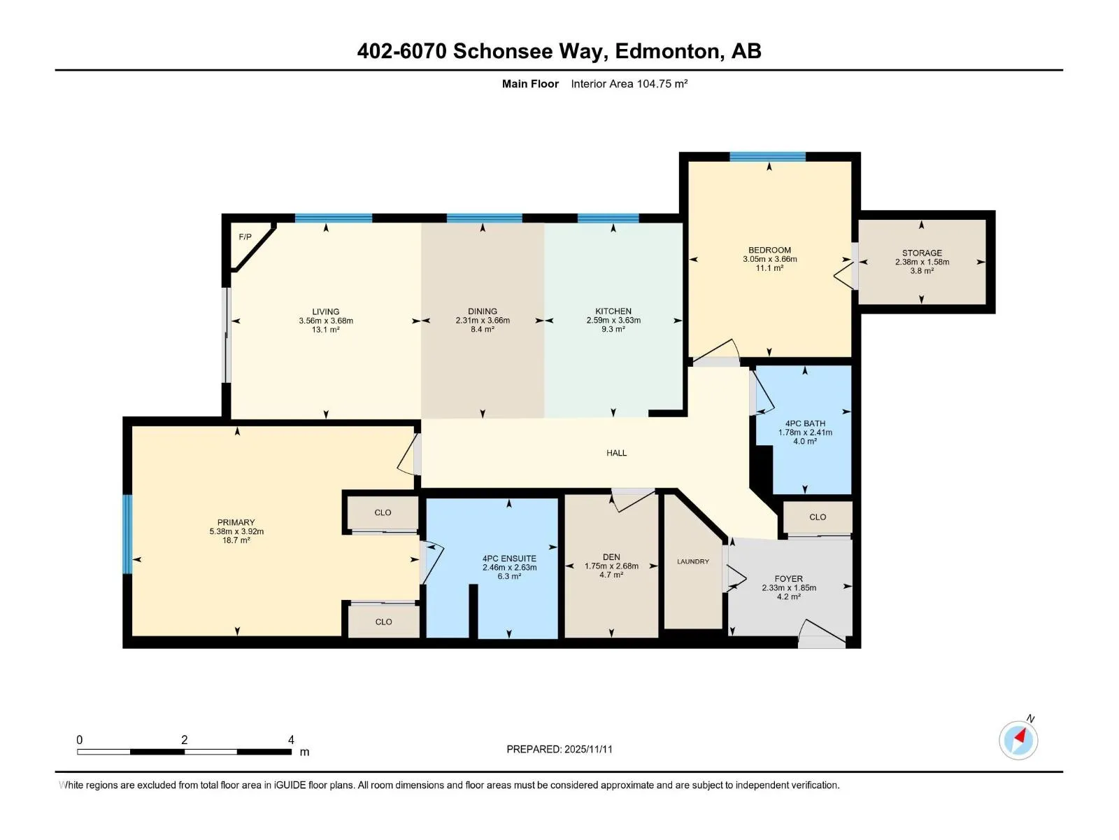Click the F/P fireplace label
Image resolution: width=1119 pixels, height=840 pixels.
245,237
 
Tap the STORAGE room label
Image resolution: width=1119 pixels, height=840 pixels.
922,253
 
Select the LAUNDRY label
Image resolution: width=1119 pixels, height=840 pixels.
693,561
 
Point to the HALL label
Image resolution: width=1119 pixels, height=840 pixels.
616,453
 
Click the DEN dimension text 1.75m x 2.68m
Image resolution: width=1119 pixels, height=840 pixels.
611,566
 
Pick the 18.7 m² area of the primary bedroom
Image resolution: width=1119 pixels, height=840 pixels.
236,540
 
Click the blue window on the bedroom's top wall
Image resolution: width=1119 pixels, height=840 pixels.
767,157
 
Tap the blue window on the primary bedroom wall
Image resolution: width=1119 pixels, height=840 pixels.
127,534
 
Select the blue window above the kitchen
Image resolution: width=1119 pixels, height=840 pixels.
608,218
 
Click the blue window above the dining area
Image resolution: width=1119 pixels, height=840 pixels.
484,218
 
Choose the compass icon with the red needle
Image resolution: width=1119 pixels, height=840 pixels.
1018,740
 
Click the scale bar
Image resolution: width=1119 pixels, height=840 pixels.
184,752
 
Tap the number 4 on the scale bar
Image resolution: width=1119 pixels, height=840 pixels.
291,739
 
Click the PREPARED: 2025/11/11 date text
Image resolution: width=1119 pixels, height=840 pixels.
559,749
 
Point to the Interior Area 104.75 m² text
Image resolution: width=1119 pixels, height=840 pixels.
629,83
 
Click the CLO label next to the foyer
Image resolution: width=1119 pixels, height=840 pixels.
817,517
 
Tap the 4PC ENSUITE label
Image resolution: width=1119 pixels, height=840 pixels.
509,559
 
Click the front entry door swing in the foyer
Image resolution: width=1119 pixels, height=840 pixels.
821,633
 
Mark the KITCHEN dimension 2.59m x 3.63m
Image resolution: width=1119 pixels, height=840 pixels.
613,321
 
